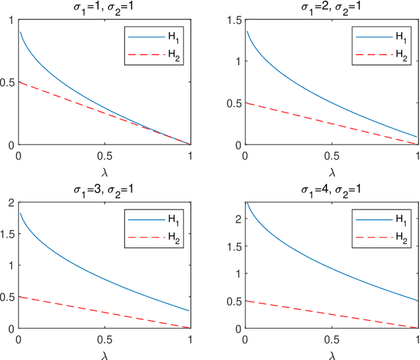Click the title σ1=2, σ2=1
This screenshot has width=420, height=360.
pos(331,7)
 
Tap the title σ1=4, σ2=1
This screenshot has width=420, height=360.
pos(331,191)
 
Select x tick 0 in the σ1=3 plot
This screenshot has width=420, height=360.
pos(18,342)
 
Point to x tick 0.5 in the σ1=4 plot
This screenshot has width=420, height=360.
pos(331,342)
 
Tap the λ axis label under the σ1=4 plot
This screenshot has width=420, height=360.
pos(331,354)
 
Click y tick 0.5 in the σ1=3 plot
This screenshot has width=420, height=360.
pos(7,297)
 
